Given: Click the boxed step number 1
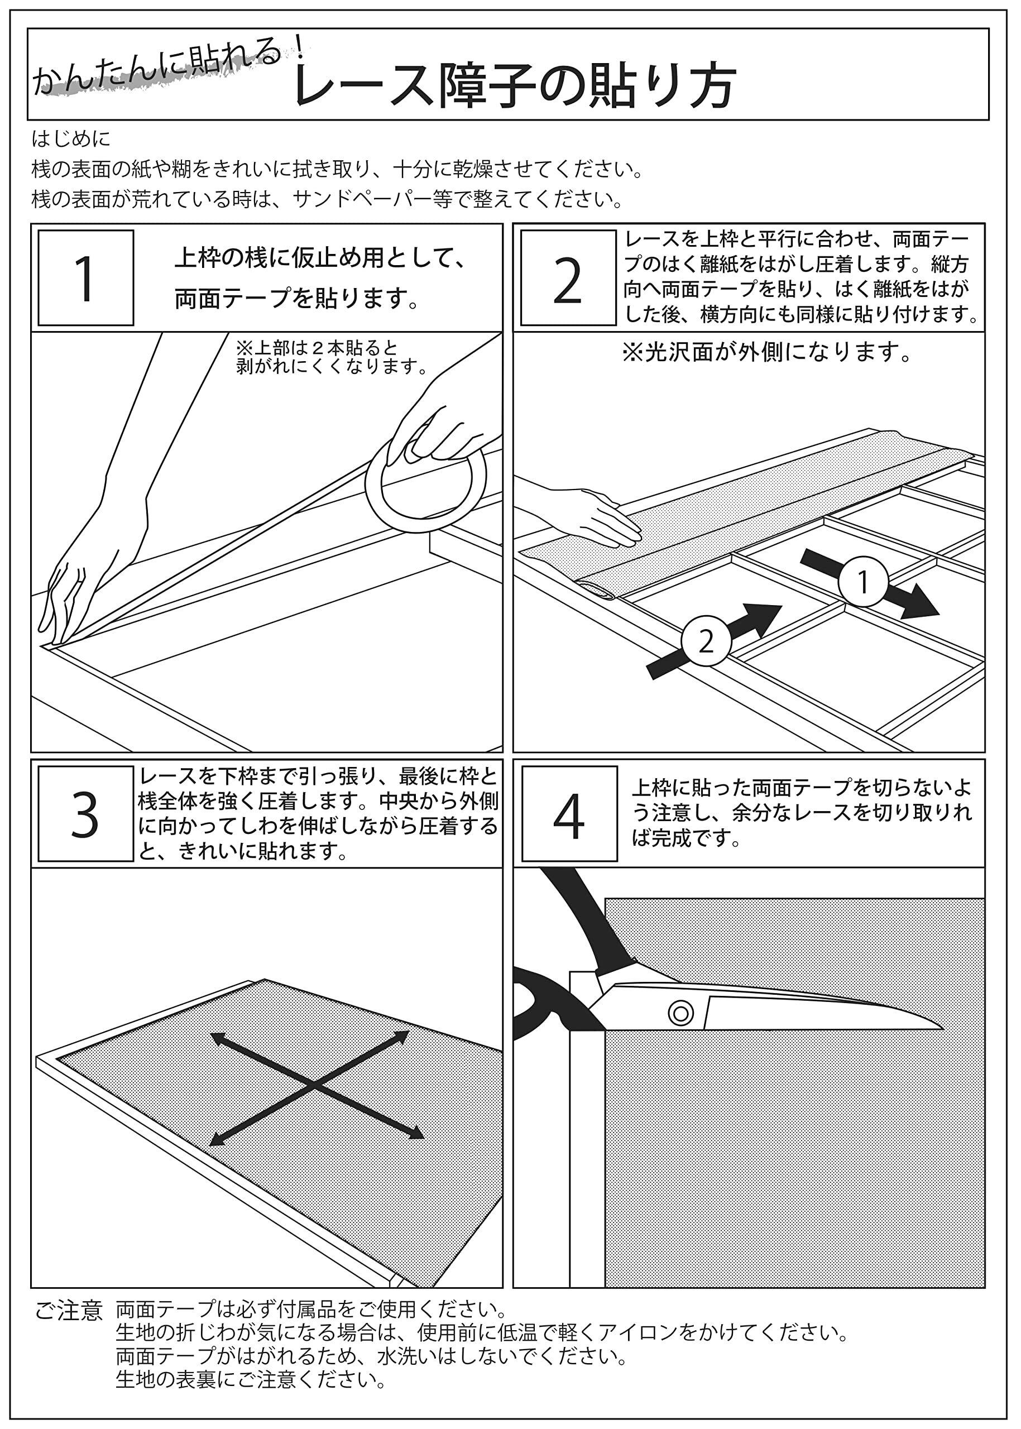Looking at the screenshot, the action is [x=85, y=278].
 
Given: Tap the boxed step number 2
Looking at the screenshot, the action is [x=568, y=278].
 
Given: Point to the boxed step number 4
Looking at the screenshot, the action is [x=569, y=816].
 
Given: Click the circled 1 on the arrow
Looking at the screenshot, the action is [x=863, y=582].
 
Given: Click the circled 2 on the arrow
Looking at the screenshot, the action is [x=706, y=641].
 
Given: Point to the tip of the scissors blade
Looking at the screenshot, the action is [x=940, y=1027].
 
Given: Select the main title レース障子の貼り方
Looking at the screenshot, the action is [x=514, y=85].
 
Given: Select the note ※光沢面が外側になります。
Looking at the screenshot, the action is [x=767, y=353].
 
